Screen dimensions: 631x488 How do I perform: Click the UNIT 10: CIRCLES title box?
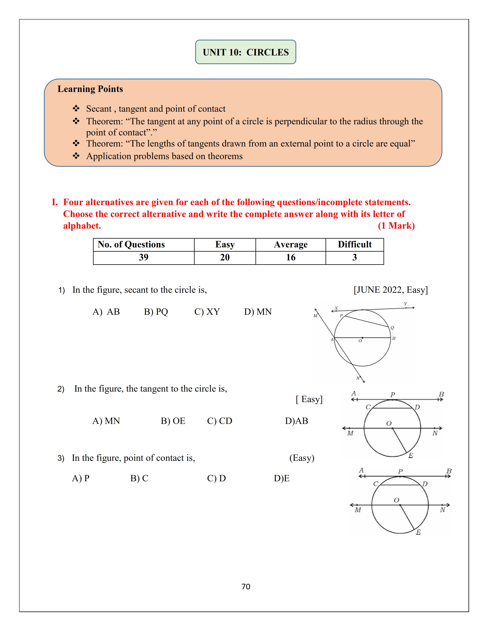tap(246, 52)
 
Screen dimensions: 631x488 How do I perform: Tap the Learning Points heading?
tap(90, 89)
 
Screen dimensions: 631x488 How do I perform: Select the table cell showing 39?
tap(143, 257)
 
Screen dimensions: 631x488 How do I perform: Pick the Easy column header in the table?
tap(225, 244)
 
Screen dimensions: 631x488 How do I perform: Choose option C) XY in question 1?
tap(207, 312)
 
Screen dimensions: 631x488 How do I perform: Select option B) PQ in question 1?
tap(156, 312)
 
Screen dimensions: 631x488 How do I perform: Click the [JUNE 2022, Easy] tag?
tap(391, 290)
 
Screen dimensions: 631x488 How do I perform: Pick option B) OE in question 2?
tap(173, 421)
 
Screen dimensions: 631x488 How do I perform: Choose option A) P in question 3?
tap(81, 478)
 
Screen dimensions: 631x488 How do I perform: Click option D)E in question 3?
tap(281, 478)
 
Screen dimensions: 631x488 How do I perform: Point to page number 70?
tap(246, 586)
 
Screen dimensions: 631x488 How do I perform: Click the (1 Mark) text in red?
tap(396, 226)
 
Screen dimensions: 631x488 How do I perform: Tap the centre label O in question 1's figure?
tap(360, 341)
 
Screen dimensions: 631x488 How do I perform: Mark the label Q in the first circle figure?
tap(392, 328)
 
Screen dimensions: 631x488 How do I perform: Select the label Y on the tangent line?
tap(405, 304)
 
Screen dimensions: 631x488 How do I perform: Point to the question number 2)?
tap(61, 389)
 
